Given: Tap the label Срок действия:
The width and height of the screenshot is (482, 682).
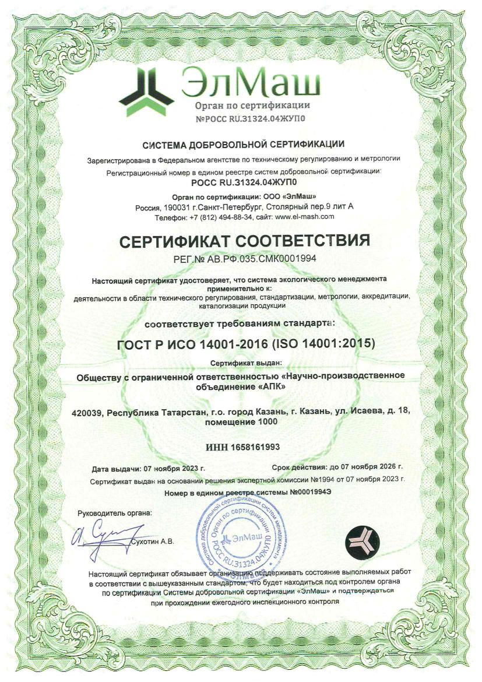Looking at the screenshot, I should click(298, 467).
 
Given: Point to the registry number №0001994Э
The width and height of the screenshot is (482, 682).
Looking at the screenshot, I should click(314, 493).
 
